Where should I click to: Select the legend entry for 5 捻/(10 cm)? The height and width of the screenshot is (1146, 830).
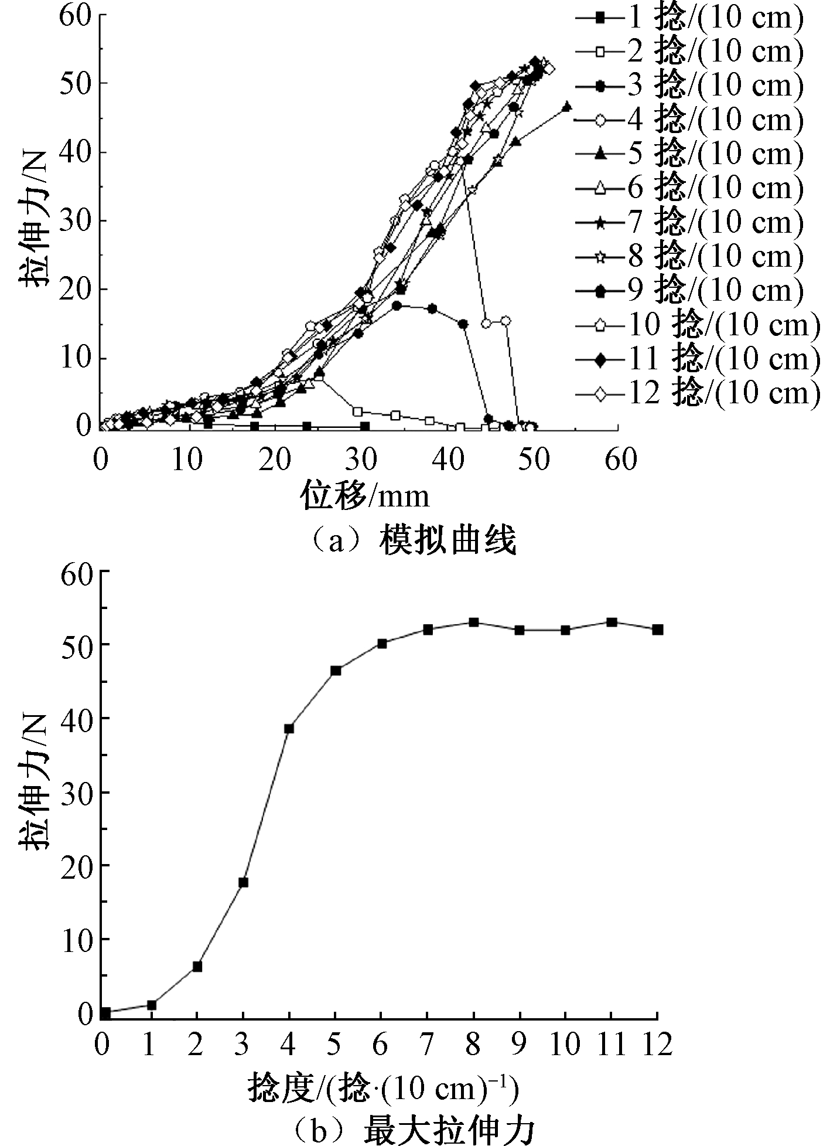pos(688,154)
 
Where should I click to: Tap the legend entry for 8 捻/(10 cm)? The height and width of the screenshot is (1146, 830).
pos(688,256)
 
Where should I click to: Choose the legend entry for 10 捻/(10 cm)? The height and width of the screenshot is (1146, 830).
pos(697,324)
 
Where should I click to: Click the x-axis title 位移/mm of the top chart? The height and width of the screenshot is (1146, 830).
pos(366,496)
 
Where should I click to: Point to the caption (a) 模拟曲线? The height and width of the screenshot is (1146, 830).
pos(410,540)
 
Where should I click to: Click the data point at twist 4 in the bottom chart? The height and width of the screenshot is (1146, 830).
pos(289,729)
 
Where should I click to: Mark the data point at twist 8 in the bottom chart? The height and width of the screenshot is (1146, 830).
pos(473,622)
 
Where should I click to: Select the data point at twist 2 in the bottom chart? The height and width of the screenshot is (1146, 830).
pos(197,966)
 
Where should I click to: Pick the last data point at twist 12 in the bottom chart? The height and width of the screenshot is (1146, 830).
pos(658,630)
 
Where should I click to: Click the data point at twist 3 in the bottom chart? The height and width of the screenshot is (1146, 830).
pos(243,882)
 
